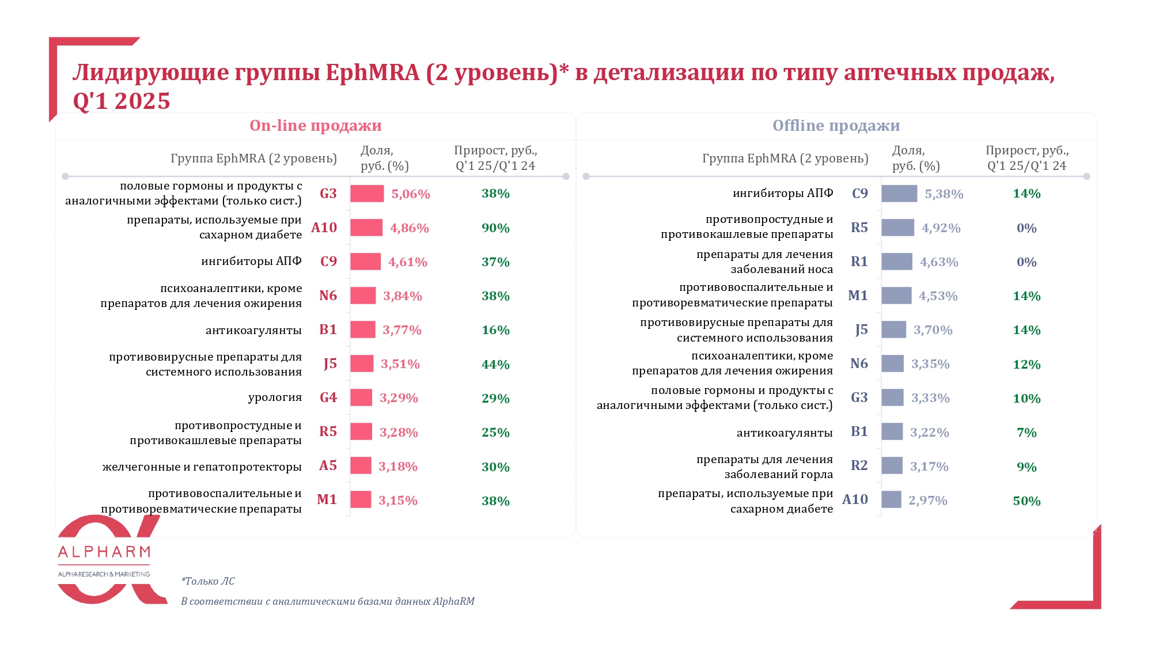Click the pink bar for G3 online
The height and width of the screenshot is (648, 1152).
click(x=366, y=194)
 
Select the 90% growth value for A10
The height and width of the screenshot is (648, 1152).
click(x=495, y=228)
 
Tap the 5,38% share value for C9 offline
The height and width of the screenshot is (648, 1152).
click(x=943, y=194)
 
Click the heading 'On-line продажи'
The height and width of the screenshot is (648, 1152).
click(x=315, y=126)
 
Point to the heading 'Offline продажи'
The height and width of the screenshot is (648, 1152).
click(x=836, y=126)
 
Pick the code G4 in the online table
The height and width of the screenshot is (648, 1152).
click(x=328, y=397)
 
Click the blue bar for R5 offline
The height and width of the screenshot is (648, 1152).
click(x=897, y=228)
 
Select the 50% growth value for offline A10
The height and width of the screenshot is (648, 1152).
click(x=1026, y=501)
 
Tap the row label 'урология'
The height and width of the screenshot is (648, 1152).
click(x=275, y=397)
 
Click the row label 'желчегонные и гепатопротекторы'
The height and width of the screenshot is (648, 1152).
click(x=202, y=467)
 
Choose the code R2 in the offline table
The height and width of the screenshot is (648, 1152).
click(x=859, y=465)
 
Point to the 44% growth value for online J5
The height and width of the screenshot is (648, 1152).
click(x=495, y=365)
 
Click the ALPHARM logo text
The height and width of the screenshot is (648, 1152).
click(x=104, y=552)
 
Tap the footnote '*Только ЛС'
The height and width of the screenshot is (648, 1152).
click(x=208, y=581)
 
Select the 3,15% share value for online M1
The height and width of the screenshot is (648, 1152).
click(x=397, y=501)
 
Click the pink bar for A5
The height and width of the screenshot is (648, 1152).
click(x=361, y=465)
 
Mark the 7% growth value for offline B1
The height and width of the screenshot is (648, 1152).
click(x=1026, y=433)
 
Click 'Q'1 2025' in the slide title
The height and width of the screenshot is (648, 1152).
click(x=122, y=101)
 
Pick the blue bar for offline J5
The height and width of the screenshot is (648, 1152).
click(x=893, y=329)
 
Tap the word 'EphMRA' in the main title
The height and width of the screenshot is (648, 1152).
click(x=373, y=73)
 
